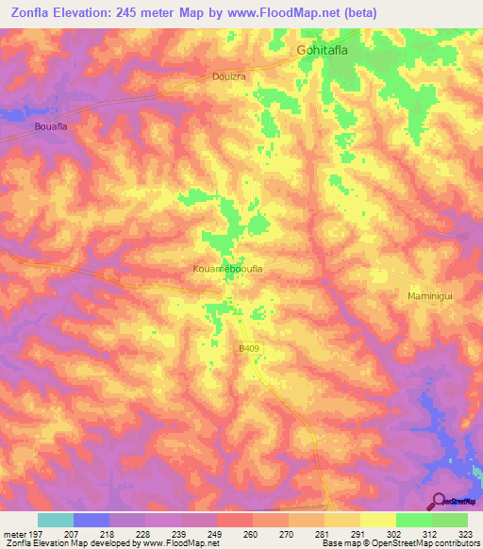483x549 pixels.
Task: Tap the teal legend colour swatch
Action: (56, 520)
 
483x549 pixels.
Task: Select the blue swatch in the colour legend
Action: (92, 520)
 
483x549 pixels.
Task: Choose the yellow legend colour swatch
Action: (377, 520)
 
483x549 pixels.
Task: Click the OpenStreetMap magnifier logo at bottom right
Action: (438, 501)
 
